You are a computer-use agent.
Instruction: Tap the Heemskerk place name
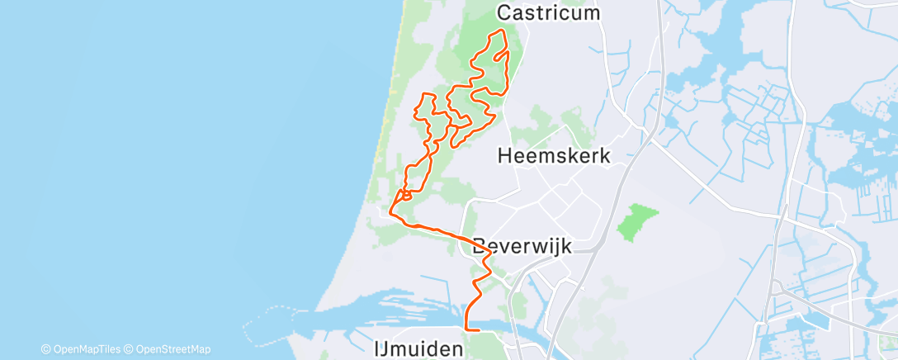555,155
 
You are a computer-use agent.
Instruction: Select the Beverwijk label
523,246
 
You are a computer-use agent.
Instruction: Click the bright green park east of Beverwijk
638,222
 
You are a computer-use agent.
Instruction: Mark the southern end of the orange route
479,330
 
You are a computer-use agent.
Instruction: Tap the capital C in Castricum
504,12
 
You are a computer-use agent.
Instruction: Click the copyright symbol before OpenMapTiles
45,349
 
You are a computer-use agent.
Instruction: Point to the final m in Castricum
591,12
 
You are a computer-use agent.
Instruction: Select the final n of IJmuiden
456,348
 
